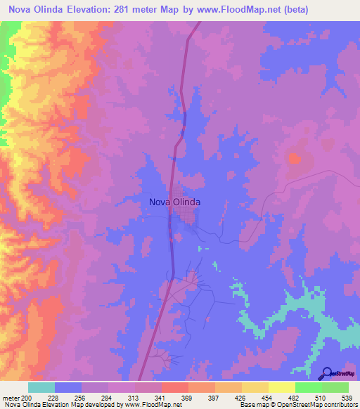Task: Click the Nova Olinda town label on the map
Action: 175,202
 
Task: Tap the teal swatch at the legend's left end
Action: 41,387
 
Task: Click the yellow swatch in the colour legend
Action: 281,387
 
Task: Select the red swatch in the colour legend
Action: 174,387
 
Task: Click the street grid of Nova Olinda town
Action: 188,219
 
